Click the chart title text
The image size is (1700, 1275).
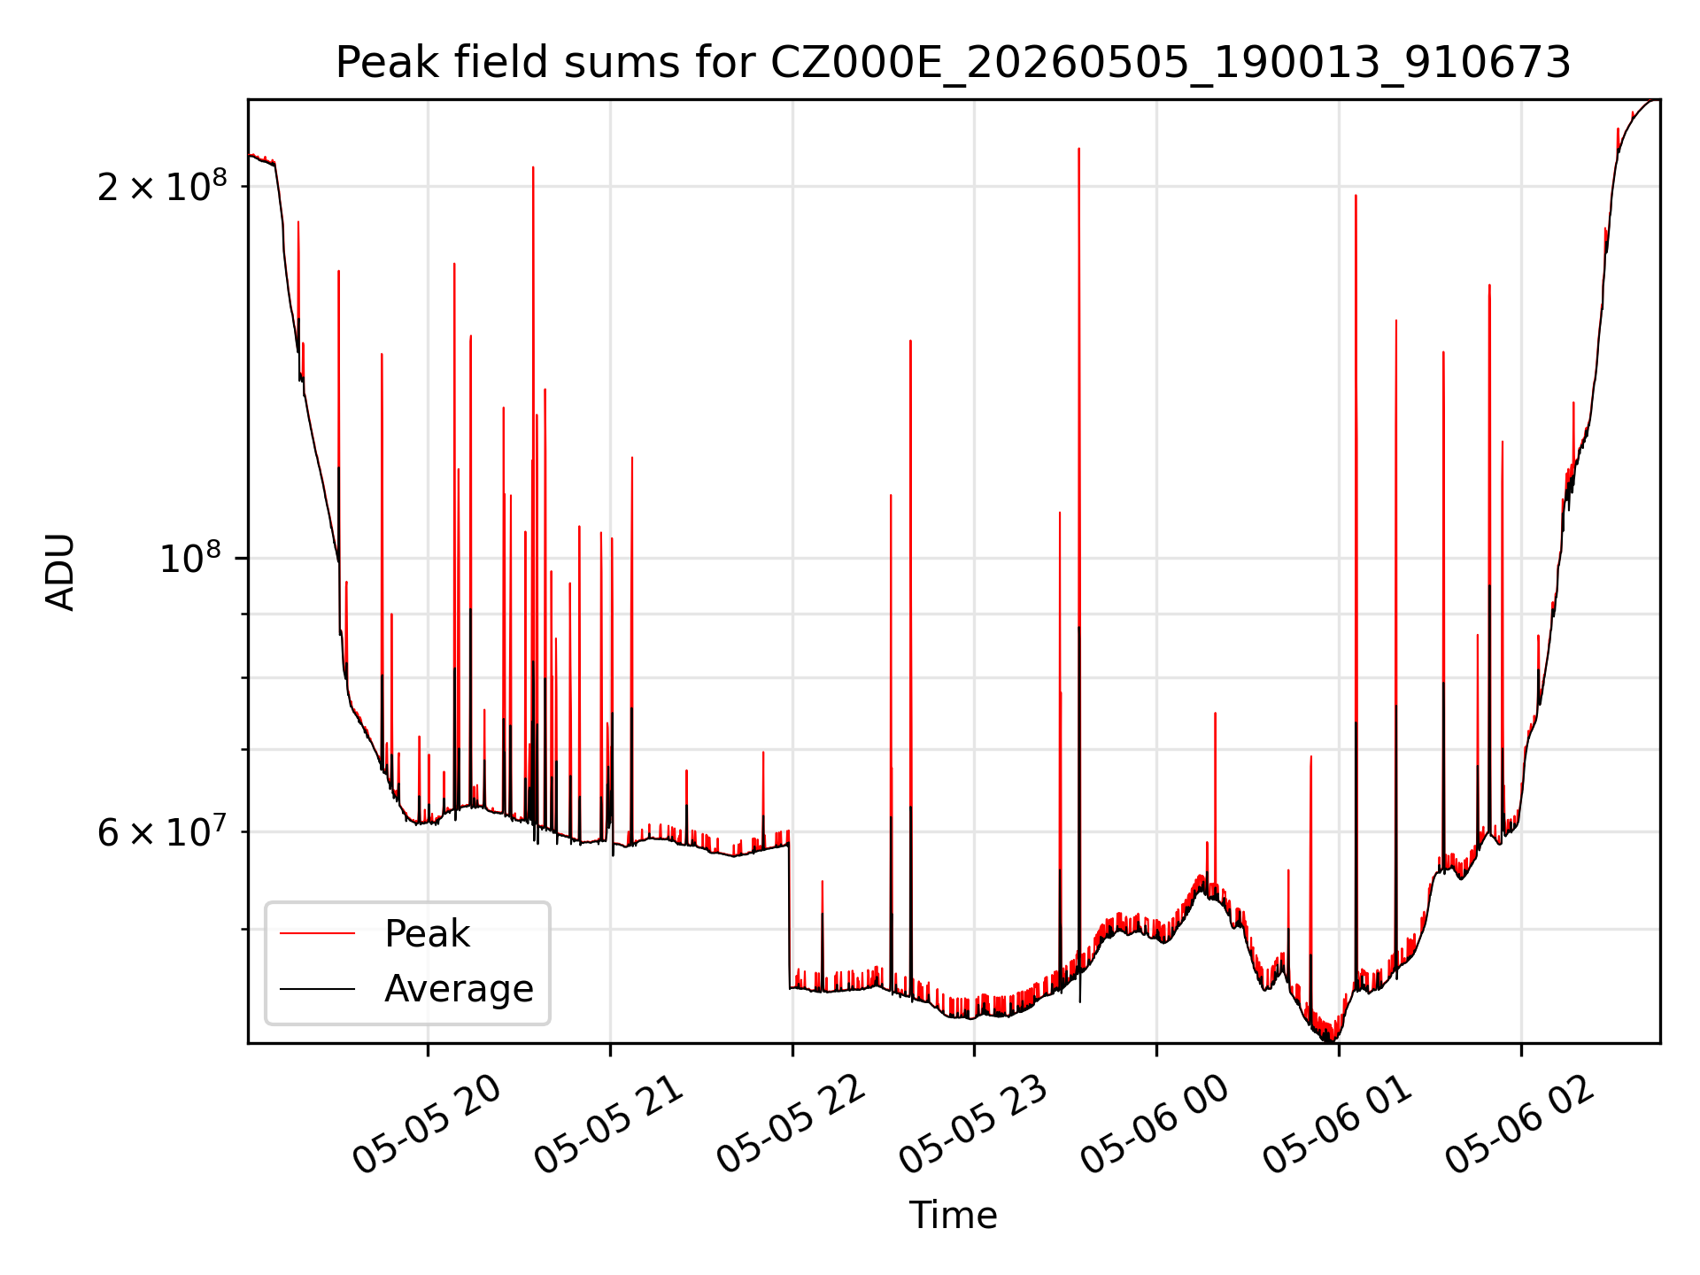[954, 63]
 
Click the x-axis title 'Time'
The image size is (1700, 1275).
[954, 1216]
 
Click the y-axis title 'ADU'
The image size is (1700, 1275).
[60, 572]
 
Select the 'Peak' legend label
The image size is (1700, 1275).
[427, 934]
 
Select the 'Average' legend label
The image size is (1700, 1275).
[459, 989]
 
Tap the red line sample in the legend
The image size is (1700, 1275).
[318, 933]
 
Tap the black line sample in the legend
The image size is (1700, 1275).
[318, 988]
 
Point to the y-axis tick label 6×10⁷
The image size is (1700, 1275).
[162, 831]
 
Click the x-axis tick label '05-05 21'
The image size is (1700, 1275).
[611, 1124]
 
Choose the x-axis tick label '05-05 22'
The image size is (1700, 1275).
[793, 1124]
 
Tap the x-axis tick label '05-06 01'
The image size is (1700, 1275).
[1340, 1124]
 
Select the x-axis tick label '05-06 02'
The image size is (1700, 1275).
[1522, 1124]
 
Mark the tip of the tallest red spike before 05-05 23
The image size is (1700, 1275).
[533, 166]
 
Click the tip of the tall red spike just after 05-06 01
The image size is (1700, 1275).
[1356, 195]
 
